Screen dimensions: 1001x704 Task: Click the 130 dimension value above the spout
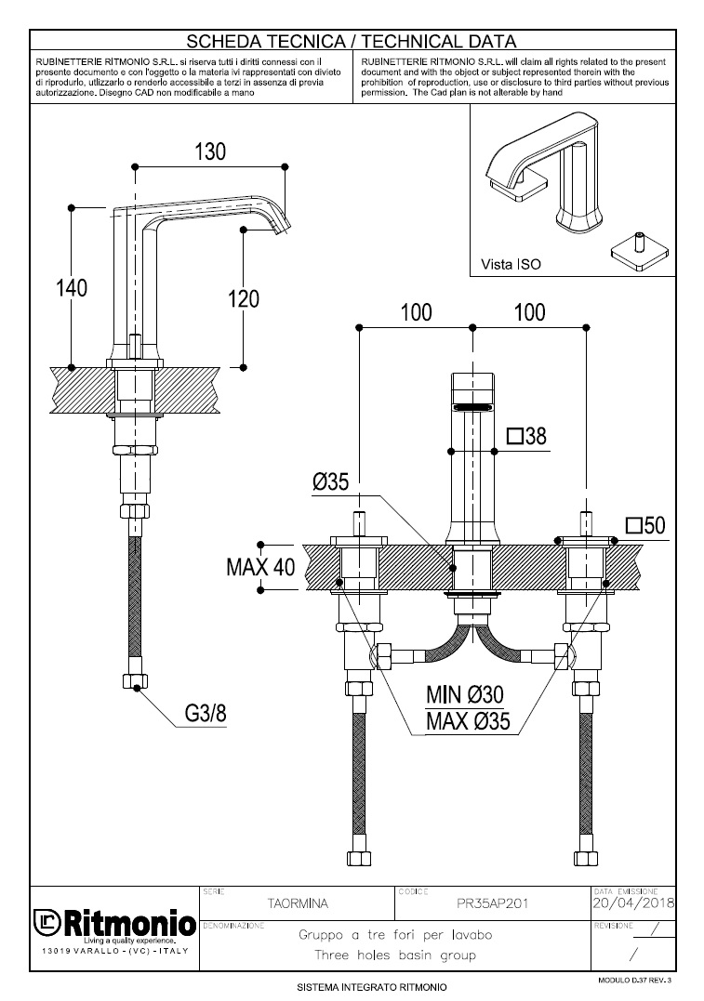[210, 152]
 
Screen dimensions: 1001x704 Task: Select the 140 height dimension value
[70, 288]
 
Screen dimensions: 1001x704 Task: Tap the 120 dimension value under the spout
[243, 298]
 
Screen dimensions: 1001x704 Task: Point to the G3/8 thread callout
[206, 714]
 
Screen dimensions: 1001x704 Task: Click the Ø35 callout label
[330, 481]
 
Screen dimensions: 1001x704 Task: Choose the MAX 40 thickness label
[260, 566]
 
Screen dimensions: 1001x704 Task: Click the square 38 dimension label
[527, 436]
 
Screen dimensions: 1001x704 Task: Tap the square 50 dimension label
[646, 525]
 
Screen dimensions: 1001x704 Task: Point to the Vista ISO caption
[510, 264]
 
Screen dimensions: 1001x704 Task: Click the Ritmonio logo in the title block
[114, 926]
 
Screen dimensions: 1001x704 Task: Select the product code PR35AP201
[493, 902]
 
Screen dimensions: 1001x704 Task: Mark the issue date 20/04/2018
[633, 902]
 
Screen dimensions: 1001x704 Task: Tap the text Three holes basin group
[395, 955]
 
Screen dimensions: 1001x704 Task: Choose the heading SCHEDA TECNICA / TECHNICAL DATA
[352, 41]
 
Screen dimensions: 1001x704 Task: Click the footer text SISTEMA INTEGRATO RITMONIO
[372, 986]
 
